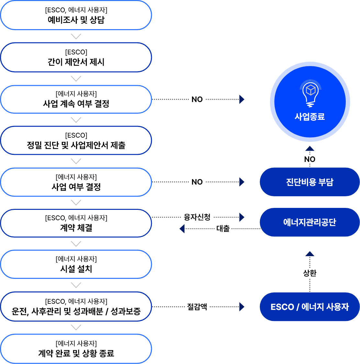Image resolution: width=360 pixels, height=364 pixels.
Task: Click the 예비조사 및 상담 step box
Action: point(76,15)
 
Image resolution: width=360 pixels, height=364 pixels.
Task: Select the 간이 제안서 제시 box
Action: point(76,57)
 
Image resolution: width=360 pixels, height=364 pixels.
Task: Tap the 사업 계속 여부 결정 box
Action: point(76,99)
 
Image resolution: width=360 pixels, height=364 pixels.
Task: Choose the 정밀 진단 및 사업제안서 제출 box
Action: point(76,141)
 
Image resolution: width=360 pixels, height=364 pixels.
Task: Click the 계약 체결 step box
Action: point(76,223)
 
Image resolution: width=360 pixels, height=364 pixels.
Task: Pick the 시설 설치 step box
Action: point(76,264)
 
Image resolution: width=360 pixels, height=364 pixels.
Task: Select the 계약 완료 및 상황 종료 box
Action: point(76,349)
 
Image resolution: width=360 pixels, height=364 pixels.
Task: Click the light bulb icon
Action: point(310,94)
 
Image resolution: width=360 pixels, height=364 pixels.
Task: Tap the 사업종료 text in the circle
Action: point(310,117)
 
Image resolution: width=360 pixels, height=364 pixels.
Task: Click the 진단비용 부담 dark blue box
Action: point(309,182)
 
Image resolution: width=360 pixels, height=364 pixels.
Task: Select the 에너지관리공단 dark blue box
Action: point(309,222)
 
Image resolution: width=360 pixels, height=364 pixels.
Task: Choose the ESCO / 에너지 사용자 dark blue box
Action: point(309,307)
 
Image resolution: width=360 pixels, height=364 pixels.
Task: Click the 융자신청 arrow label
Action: point(197,217)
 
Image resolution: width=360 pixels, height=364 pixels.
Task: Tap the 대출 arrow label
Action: point(223,229)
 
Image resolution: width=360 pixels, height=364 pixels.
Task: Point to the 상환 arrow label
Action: point(310,273)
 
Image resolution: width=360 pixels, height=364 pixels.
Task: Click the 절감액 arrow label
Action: point(197,306)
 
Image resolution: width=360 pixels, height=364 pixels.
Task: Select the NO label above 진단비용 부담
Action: point(310,159)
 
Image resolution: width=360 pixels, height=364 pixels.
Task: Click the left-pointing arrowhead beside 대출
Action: point(182,229)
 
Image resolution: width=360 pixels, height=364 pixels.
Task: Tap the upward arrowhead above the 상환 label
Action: point(310,254)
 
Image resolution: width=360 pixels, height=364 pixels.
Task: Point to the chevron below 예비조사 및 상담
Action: point(76,36)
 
